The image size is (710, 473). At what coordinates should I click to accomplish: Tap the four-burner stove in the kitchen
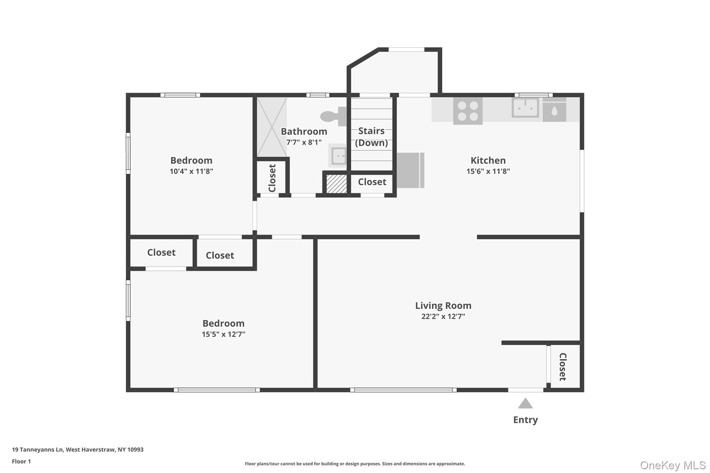(x=468, y=111)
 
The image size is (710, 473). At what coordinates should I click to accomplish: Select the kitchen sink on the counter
(x=525, y=107)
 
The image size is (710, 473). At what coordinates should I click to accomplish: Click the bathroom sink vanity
(x=338, y=156)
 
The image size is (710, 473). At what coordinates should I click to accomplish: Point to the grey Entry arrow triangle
(x=525, y=403)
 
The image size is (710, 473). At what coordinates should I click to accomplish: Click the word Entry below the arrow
(x=525, y=420)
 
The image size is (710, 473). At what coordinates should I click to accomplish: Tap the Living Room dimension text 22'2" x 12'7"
(x=443, y=316)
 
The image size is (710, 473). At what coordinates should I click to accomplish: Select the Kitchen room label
(x=488, y=160)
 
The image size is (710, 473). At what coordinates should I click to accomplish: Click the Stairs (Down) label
(x=371, y=137)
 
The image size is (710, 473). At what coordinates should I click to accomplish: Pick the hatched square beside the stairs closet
(x=336, y=184)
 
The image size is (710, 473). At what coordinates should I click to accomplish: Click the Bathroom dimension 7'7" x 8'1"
(x=304, y=142)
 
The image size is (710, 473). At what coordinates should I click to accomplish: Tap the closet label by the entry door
(x=563, y=367)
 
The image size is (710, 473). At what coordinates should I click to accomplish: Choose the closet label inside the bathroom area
(x=272, y=178)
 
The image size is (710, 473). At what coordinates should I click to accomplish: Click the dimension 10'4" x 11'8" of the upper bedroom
(x=191, y=171)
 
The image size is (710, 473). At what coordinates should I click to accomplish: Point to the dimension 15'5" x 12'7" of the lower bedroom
(x=223, y=334)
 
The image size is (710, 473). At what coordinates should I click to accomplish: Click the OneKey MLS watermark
(x=673, y=465)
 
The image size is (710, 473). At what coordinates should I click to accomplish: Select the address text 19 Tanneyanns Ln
(x=37, y=449)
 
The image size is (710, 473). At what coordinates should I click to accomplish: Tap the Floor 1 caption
(x=21, y=461)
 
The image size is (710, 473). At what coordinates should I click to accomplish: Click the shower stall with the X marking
(x=272, y=127)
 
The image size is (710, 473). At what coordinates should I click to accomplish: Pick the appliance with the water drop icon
(x=554, y=110)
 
